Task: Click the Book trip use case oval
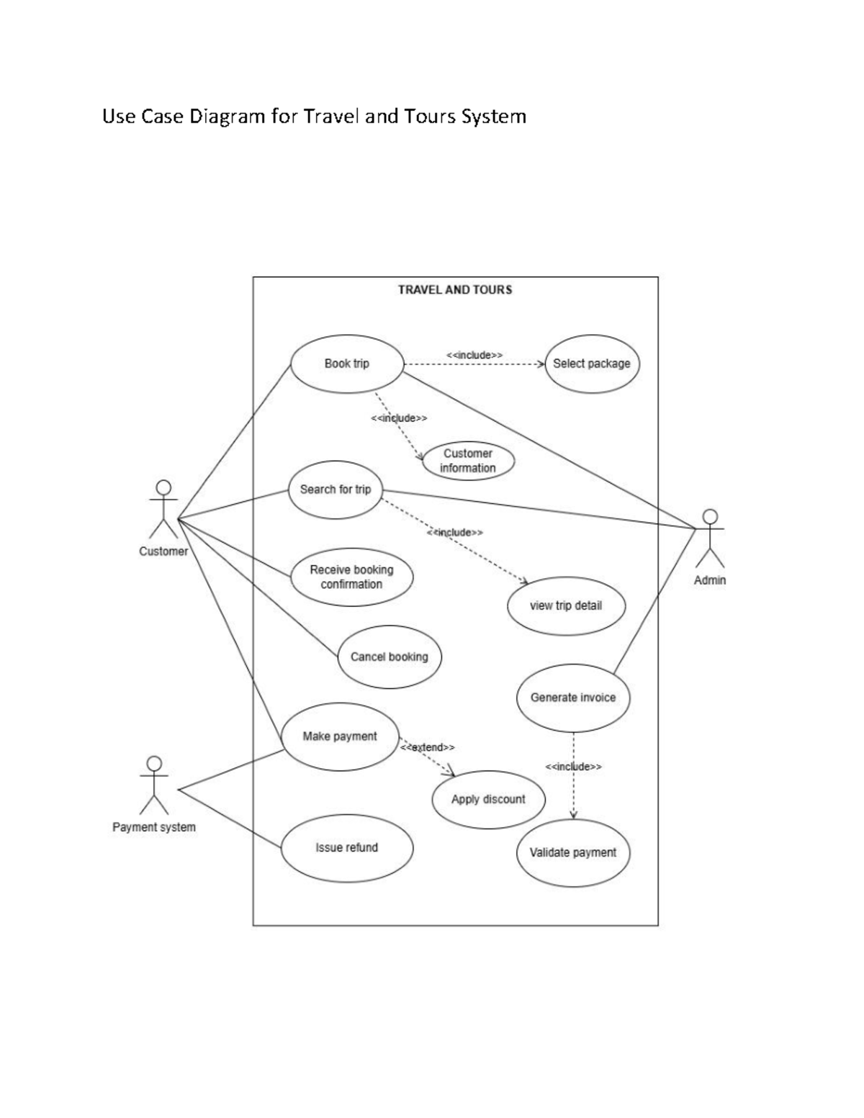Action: [x=346, y=364]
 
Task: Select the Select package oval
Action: [x=592, y=364]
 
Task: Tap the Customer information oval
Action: [x=468, y=461]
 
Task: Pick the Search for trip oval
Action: [x=335, y=490]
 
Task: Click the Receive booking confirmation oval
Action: [x=352, y=577]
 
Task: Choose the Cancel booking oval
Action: [x=389, y=657]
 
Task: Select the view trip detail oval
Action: [x=566, y=605]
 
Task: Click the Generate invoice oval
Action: [x=573, y=697]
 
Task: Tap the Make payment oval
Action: [x=340, y=736]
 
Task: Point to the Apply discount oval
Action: [x=488, y=799]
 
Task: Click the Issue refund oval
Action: [x=346, y=847]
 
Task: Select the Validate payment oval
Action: [x=573, y=852]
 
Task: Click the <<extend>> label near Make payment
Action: [x=428, y=747]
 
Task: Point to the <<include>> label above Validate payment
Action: [x=573, y=767]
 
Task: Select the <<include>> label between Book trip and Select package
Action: [x=474, y=355]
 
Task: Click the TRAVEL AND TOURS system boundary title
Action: [x=455, y=289]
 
